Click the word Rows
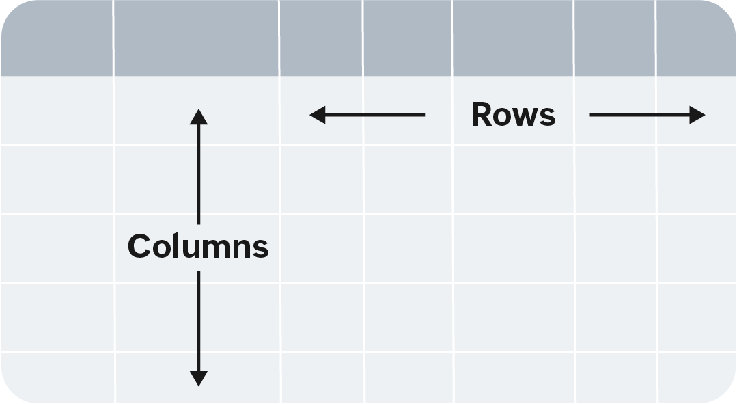(513, 115)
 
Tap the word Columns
(198, 246)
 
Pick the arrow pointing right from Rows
(646, 115)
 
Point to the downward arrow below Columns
(199, 328)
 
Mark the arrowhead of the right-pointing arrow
(697, 115)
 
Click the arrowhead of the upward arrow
(199, 116)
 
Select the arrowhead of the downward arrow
(199, 378)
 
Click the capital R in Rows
(482, 115)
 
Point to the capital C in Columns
(139, 246)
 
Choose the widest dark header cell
(196, 38)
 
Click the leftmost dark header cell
(57, 38)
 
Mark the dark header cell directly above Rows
(512, 38)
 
